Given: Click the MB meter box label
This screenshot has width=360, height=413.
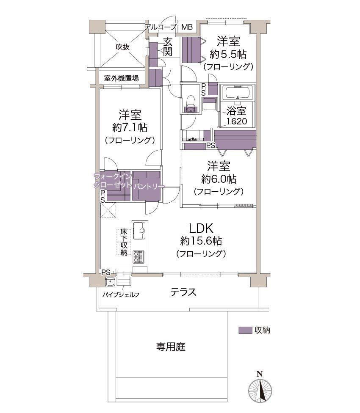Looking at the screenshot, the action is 187,27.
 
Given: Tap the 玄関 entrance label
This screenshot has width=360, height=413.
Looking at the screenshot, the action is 168,47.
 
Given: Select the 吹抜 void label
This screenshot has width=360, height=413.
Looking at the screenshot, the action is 123,47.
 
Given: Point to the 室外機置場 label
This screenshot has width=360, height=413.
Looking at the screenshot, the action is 121,78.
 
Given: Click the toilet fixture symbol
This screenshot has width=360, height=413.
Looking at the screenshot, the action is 190,104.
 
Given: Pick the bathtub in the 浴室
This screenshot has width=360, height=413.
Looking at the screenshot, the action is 238,93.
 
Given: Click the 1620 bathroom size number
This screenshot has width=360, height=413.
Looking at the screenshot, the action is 237,121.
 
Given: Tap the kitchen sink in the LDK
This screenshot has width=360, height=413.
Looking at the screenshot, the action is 139,231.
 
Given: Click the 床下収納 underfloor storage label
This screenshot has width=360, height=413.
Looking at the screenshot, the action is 124,242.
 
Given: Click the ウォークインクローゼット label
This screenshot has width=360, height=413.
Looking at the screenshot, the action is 113,180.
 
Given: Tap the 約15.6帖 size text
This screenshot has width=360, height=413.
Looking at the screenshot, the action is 201,241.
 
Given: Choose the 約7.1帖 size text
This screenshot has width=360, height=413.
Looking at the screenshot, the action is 130,127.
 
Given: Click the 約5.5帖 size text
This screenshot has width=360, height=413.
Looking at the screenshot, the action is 228,54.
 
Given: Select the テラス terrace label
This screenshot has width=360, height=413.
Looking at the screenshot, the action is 183,292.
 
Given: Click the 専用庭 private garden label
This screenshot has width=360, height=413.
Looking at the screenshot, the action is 171,347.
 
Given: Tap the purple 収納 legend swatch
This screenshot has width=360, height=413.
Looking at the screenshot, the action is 245,330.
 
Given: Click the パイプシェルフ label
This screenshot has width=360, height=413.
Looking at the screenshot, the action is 121,295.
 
